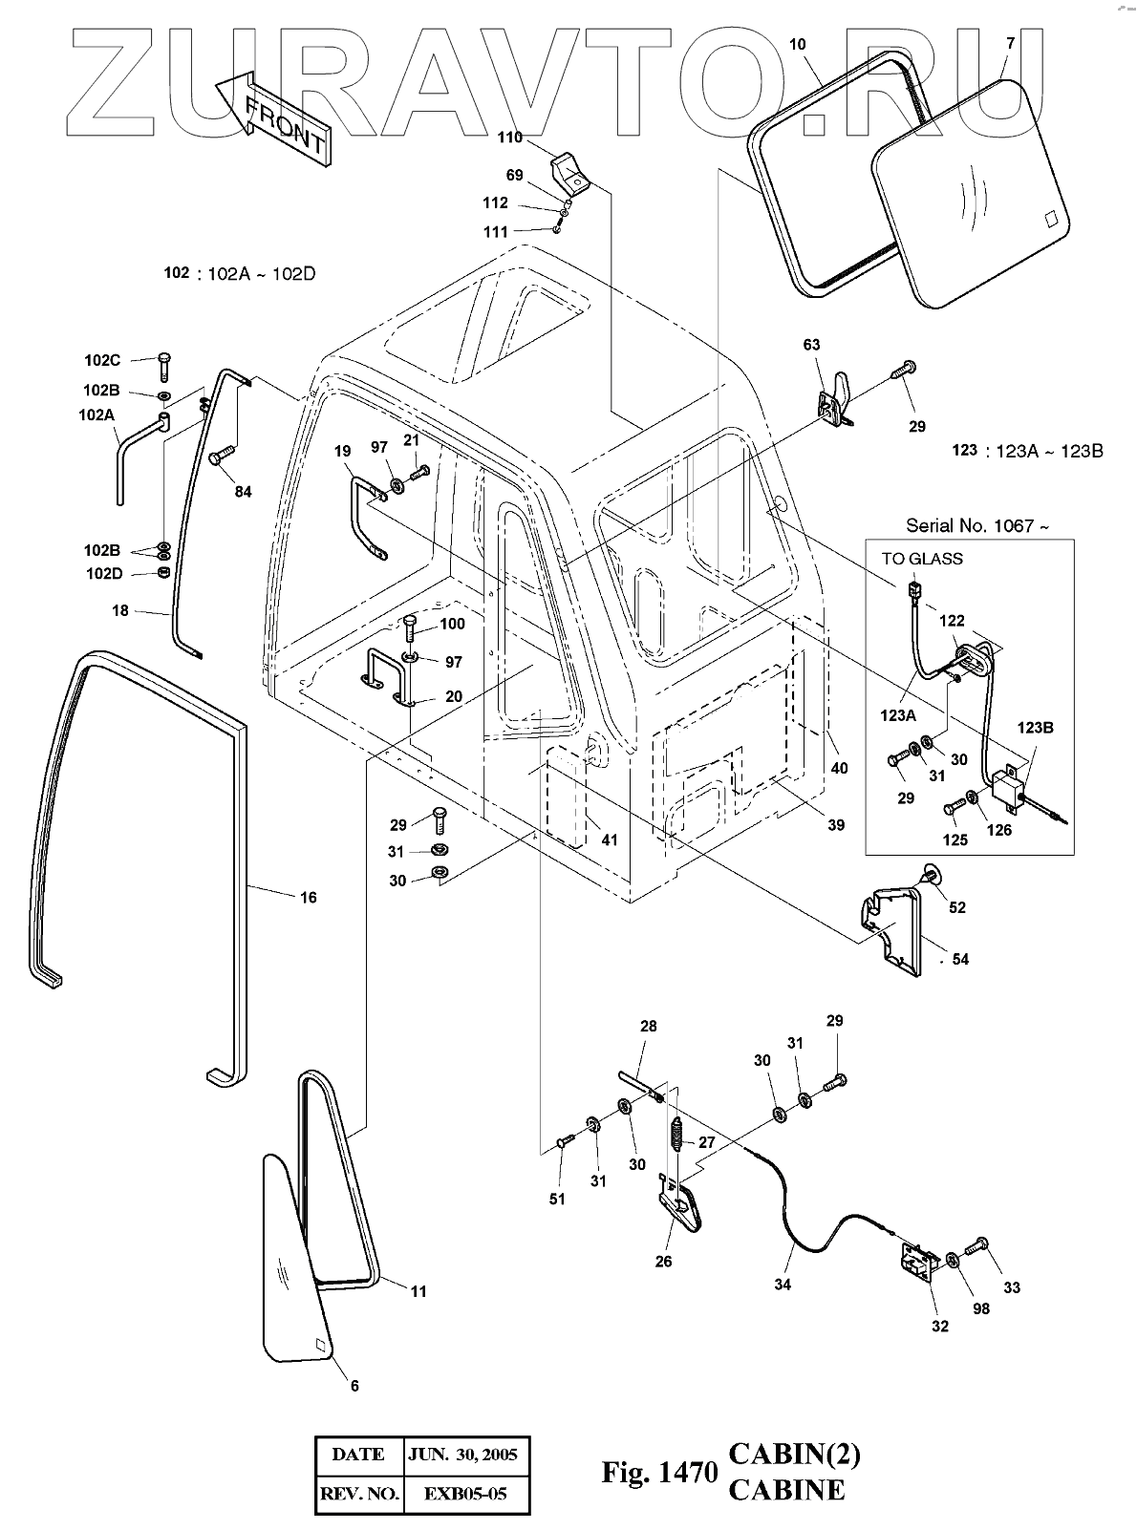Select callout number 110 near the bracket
point(509,138)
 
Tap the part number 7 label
point(1010,45)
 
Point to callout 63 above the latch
point(812,345)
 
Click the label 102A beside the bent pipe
point(97,415)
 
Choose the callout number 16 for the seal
point(309,898)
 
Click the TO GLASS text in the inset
point(921,559)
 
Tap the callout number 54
point(960,959)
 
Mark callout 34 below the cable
point(783,1285)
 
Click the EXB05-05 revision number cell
point(466,1494)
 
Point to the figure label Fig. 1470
point(658,1474)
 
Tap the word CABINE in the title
point(786,1490)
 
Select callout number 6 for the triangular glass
point(354,1386)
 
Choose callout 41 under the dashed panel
point(609,840)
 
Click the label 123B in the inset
point(1035,728)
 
